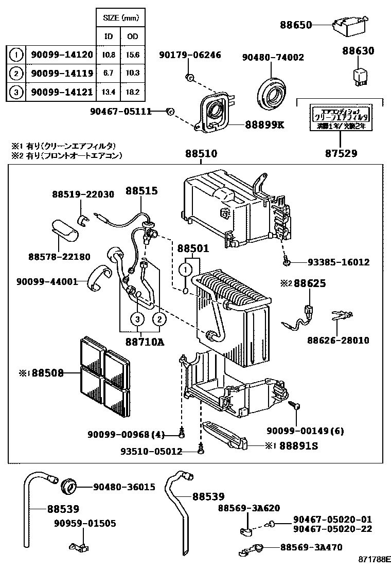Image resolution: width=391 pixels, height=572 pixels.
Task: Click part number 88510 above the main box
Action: click(x=201, y=154)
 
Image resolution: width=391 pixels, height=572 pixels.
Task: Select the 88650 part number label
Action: click(x=296, y=24)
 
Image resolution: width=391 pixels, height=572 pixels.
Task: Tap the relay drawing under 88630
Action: click(x=359, y=74)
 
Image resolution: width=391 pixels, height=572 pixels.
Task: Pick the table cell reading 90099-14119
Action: click(x=62, y=74)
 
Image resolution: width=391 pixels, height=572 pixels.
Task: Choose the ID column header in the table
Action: click(x=109, y=37)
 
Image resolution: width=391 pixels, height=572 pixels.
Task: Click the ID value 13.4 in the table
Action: click(x=109, y=93)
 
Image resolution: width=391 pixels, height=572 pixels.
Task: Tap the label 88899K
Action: click(x=264, y=125)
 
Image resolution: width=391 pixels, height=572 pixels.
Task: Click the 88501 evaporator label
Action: click(x=193, y=248)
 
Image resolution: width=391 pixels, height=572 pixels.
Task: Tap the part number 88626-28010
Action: click(x=338, y=341)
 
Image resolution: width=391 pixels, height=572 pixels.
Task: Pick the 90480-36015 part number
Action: click(x=124, y=487)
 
